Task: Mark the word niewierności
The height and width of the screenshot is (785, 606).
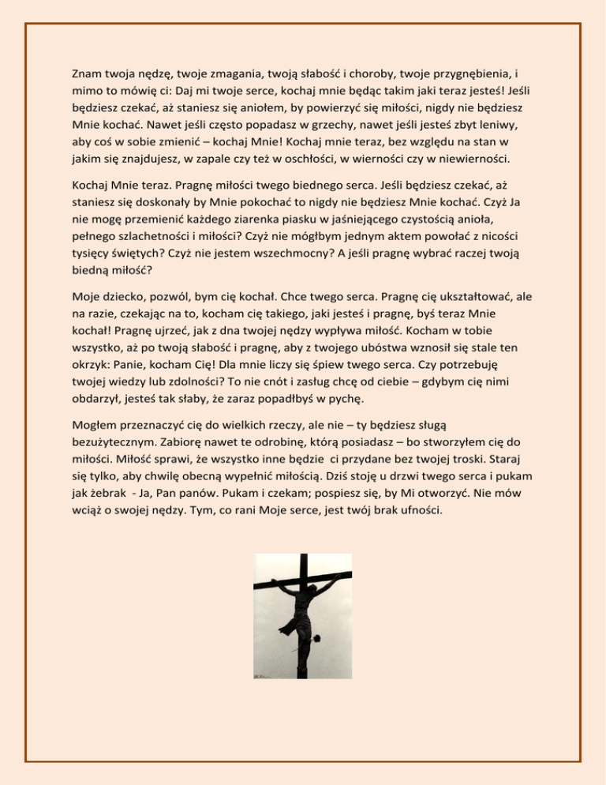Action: coord(469,162)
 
